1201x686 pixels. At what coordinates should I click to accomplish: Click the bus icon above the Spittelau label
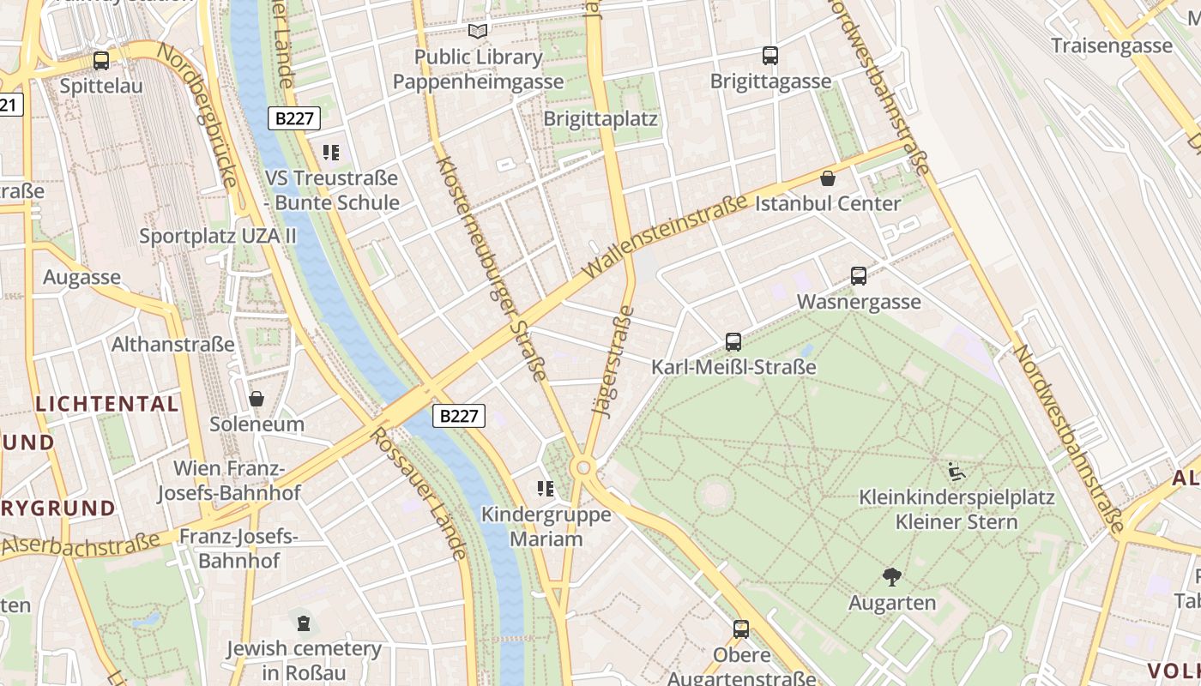point(101,61)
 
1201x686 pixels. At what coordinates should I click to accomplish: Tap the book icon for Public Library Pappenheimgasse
point(478,32)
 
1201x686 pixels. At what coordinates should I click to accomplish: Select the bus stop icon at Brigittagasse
point(770,56)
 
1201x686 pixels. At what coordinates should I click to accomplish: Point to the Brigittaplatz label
point(600,118)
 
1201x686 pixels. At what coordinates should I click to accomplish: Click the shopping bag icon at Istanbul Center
point(828,178)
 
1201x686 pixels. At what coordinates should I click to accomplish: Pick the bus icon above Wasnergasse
point(859,276)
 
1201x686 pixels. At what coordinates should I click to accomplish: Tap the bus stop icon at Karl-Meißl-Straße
point(733,342)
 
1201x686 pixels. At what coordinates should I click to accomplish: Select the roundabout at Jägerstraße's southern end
point(584,467)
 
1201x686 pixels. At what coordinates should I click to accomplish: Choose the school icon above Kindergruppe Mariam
point(546,490)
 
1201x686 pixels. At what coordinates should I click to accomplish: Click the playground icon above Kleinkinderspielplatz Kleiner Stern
point(956,472)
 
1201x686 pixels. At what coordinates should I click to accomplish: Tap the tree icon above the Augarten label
point(892,576)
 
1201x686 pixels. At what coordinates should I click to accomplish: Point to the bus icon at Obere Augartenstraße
point(741,629)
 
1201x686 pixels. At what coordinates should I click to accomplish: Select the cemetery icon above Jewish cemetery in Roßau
point(303,623)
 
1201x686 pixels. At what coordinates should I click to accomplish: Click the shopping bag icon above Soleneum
point(256,399)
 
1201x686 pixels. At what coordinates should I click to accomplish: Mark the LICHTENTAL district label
point(107,404)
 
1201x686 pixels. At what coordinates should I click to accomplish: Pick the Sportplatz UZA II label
point(218,235)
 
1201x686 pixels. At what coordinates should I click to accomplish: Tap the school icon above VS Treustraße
point(331,153)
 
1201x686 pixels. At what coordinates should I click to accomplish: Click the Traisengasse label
point(1112,45)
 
